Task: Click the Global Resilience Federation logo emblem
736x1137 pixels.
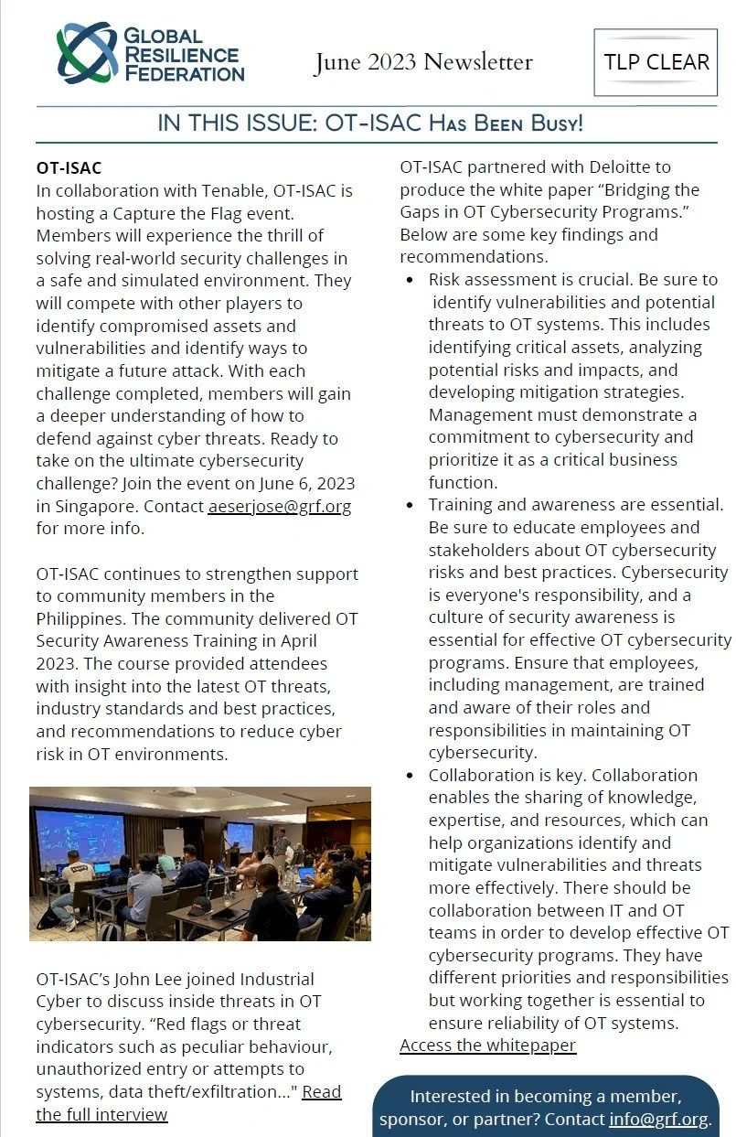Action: [87, 52]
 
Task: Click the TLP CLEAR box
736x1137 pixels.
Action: [656, 62]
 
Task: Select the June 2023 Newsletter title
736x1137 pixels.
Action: [423, 62]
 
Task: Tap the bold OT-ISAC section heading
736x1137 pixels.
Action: [69, 168]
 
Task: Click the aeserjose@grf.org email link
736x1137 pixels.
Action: [279, 506]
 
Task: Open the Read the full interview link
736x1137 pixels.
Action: [187, 1102]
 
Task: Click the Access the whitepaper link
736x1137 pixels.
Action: [487, 1045]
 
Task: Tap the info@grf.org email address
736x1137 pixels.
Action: [657, 1120]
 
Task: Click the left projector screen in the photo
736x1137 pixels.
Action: [80, 836]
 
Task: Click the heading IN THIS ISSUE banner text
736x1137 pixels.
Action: [370, 123]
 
